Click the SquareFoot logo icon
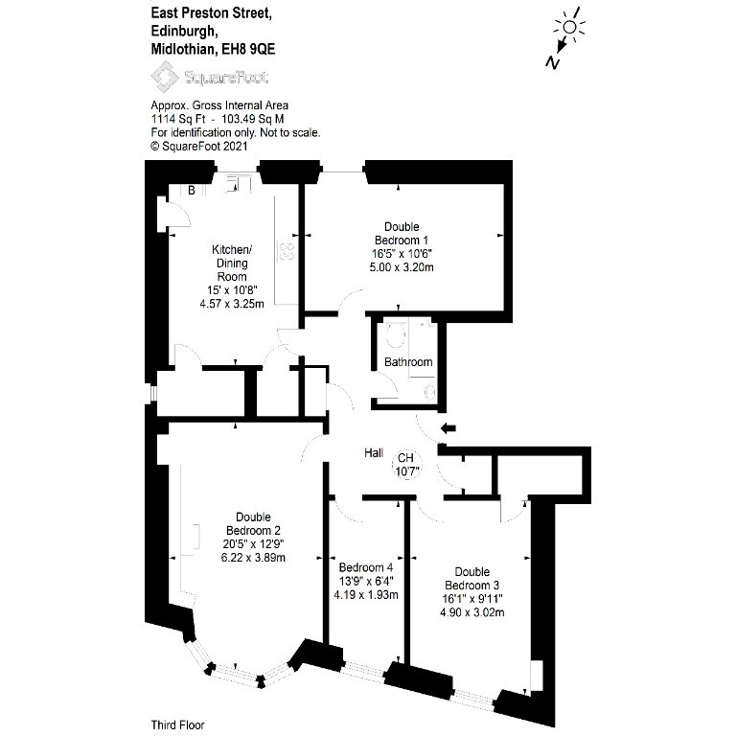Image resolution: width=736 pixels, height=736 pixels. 164,77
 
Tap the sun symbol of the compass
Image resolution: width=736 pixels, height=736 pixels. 569,27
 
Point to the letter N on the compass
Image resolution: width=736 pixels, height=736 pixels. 552,62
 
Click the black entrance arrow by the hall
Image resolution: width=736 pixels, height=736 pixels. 448,427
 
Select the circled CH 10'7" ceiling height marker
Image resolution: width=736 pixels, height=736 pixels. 406,464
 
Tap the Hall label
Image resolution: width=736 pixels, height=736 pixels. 374,453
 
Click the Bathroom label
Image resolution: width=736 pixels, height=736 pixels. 408,362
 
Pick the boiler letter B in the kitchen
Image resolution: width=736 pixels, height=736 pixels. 192,190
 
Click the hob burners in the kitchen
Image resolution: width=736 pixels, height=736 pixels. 287,251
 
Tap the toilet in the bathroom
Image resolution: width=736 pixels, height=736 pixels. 396,333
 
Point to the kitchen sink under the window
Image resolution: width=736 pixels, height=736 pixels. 238,184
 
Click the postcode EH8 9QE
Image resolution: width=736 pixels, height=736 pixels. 248,49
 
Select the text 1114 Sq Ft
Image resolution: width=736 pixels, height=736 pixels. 178,119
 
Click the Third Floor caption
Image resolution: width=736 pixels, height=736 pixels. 178,725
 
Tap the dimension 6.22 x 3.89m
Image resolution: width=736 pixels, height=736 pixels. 253,558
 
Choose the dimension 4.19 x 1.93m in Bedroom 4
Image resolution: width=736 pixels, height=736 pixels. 366,595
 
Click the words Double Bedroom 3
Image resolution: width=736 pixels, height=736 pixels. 472,578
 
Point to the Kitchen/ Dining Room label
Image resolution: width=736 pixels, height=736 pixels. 232,263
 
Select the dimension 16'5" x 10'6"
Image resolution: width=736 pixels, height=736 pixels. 402,254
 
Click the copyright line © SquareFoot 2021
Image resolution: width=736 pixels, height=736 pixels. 199,146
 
